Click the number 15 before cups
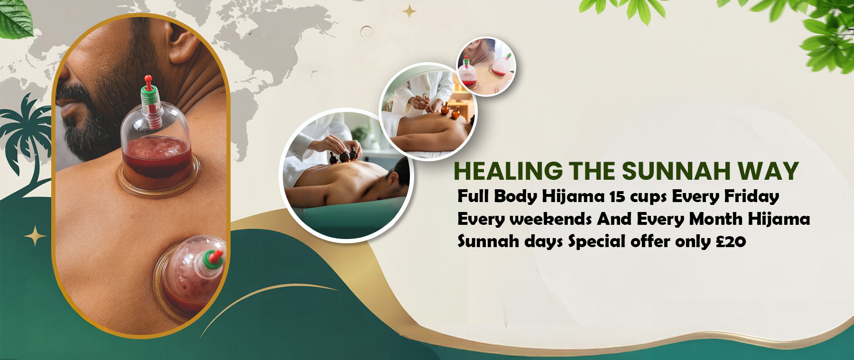tap(617, 196)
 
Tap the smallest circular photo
tap(486, 67)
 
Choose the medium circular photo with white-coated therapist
tap(428, 111)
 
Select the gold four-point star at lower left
tap(35, 236)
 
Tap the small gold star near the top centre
tap(409, 11)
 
